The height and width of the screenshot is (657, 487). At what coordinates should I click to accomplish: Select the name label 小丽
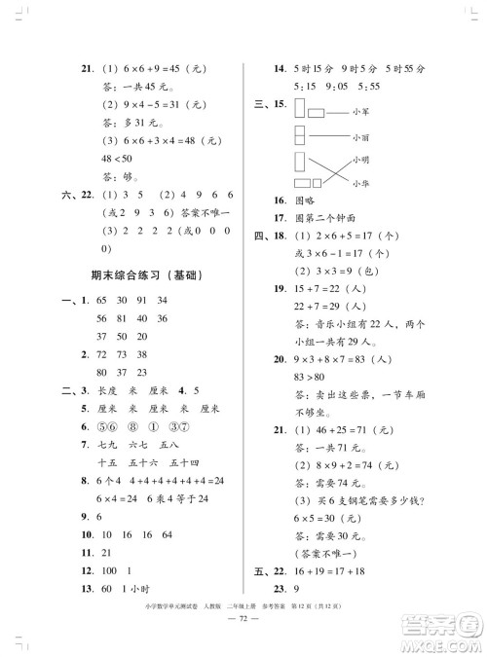[363, 137]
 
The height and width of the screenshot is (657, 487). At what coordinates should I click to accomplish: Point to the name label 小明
[363, 160]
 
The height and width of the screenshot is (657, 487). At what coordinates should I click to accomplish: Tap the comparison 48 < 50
[111, 160]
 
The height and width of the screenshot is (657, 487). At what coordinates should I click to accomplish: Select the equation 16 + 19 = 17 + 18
[327, 573]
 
